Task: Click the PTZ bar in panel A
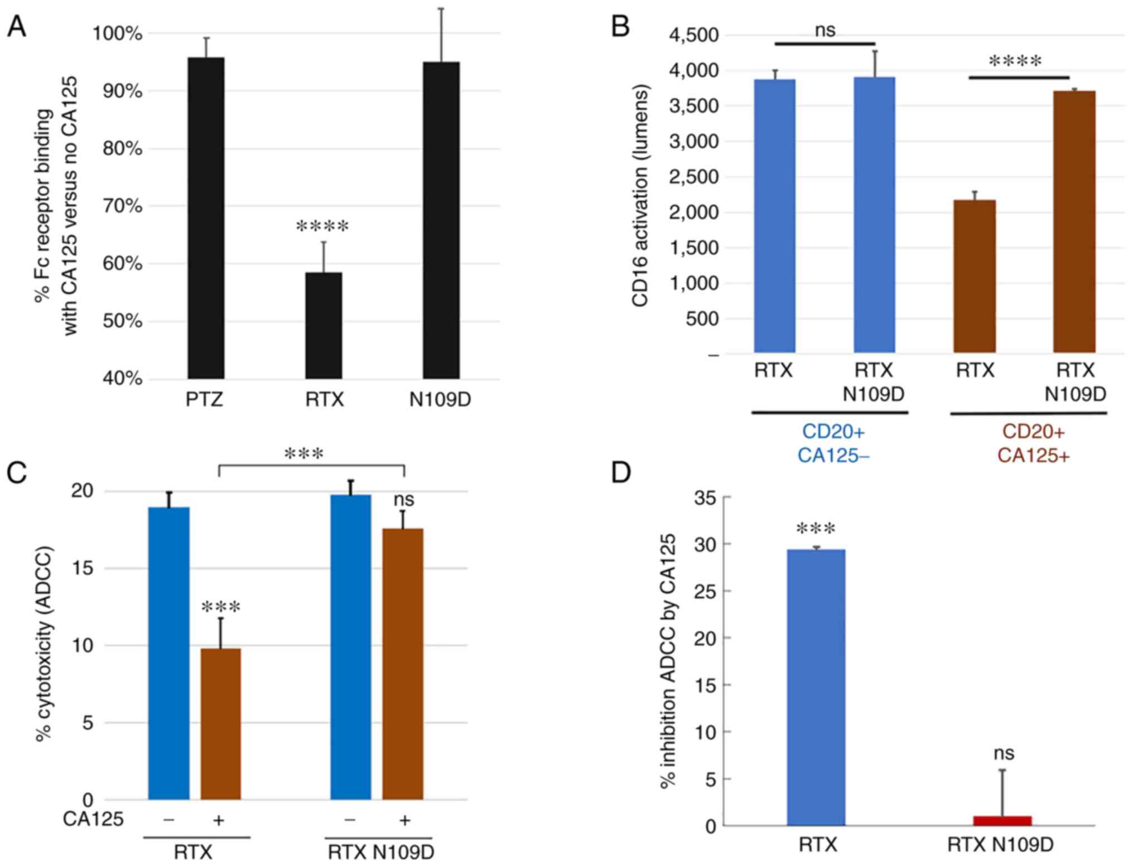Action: pos(206,217)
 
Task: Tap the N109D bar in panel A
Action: pos(441,220)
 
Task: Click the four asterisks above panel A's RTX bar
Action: pos(322,227)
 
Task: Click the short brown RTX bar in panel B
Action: pos(974,276)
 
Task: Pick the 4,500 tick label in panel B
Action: pos(694,35)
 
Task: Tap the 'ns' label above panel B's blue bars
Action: pos(825,30)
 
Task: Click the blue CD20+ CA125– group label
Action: pos(833,443)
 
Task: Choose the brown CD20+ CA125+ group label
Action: pos(1033,443)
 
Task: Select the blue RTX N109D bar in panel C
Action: pos(350,647)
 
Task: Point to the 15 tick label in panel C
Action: pos(82,568)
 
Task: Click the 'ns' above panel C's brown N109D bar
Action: pos(404,499)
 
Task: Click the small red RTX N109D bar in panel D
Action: pos(1002,820)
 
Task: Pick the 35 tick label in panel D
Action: pos(705,497)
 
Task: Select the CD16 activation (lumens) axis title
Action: pos(640,195)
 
